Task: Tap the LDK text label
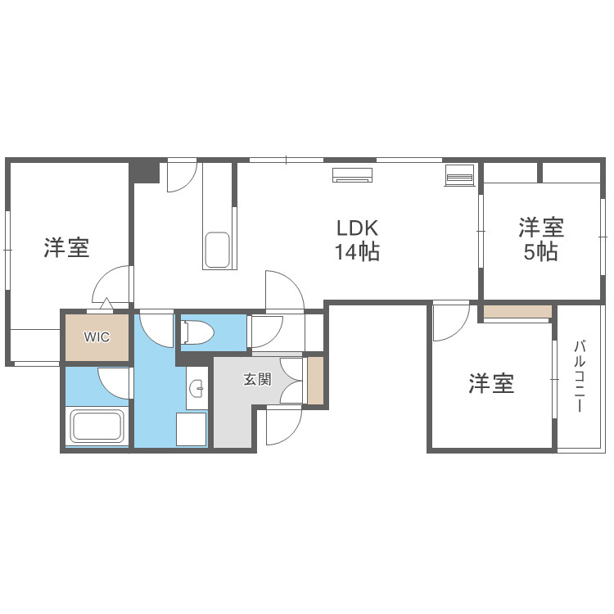[356, 227]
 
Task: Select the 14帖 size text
[356, 252]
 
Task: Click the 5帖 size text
[541, 252]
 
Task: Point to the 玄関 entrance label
[257, 380]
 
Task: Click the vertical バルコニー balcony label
[579, 376]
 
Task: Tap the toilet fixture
[197, 332]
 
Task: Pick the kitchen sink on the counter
[217, 250]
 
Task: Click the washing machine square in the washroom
[192, 428]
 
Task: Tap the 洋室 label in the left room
[67, 247]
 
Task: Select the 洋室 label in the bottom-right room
[491, 383]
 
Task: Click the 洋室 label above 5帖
[541, 227]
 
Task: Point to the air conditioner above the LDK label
[353, 174]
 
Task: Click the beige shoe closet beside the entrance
[315, 380]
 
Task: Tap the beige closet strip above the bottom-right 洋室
[517, 312]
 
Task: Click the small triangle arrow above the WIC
[106, 305]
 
